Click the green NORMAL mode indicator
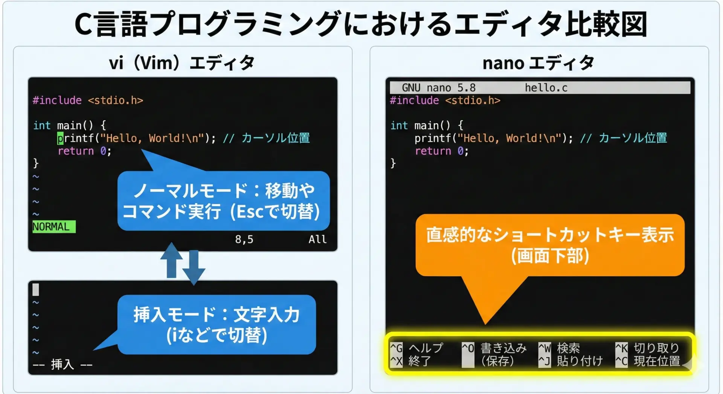click(x=54, y=227)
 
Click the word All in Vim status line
click(x=317, y=239)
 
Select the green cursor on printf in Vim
click(x=60, y=138)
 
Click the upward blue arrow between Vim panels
click(x=172, y=260)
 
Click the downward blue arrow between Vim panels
click(x=194, y=268)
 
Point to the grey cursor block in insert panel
click(x=36, y=289)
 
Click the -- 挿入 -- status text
click(x=63, y=364)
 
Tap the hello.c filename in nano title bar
click(x=546, y=88)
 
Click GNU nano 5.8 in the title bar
click(x=439, y=88)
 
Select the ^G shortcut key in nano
click(x=396, y=348)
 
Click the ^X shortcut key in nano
click(x=396, y=361)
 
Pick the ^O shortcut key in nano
click(x=468, y=348)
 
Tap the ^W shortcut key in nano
click(x=545, y=348)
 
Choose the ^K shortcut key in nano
click(x=621, y=348)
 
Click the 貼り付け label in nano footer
click(x=580, y=361)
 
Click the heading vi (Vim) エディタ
click(x=182, y=63)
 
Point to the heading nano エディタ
click(x=538, y=63)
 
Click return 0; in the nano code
click(x=442, y=151)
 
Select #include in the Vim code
click(x=57, y=100)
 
